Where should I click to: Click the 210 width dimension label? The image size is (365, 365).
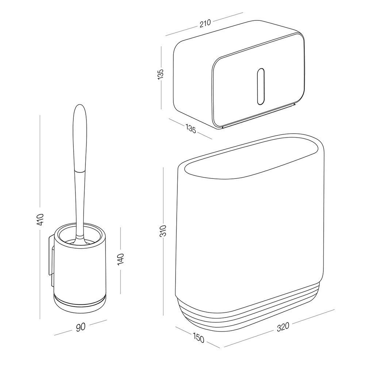point(205,23)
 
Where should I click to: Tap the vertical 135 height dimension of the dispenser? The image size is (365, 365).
point(161,74)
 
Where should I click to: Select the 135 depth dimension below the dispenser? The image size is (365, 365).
point(191,128)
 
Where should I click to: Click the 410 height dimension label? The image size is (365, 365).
point(41,219)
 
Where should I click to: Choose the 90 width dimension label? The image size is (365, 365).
point(81,327)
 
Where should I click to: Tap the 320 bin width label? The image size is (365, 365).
point(283,327)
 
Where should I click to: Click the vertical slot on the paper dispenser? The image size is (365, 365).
point(261,87)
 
